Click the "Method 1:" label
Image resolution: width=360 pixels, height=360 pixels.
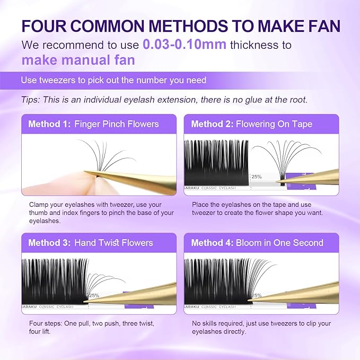point(49,124)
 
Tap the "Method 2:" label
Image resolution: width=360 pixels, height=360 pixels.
point(212,124)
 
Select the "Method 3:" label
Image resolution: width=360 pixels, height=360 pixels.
point(49,243)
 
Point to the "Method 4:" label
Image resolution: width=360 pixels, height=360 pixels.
point(212,243)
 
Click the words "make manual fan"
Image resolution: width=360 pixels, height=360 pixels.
point(78,60)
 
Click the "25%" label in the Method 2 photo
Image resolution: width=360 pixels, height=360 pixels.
point(256,176)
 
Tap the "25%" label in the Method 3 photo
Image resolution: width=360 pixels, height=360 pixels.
point(94,295)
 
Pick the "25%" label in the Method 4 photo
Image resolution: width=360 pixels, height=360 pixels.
point(256,295)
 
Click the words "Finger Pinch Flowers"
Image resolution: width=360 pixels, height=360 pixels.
point(117,124)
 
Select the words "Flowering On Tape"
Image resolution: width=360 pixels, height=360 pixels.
point(275,124)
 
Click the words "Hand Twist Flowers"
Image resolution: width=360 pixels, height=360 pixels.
point(114,243)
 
